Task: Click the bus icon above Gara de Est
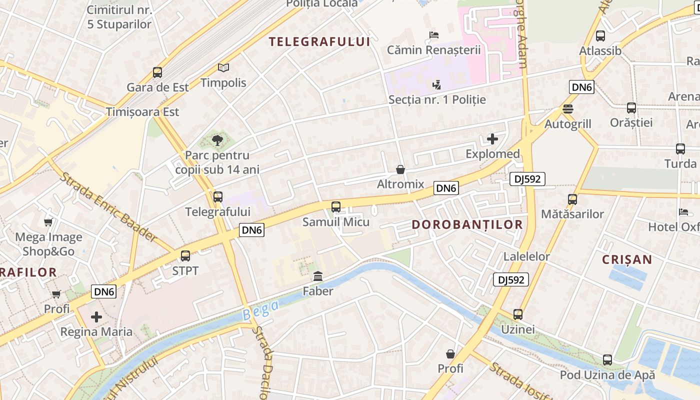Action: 157,72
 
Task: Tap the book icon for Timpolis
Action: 223,67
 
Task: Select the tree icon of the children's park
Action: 217,140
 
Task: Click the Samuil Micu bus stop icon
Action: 336,206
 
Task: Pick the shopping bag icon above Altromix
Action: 400,169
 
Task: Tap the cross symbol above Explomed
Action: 492,139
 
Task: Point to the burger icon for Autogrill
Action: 567,108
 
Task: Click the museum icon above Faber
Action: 318,276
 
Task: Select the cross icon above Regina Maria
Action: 96,317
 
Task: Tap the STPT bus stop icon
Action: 185,256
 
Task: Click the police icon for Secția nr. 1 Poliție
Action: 437,84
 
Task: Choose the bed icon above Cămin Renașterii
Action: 434,35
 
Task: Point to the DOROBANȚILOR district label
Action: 467,224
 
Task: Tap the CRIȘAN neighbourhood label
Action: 627,259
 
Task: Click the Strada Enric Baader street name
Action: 108,207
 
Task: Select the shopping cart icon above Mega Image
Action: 48,222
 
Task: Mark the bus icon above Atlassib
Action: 600,36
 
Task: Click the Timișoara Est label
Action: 142,111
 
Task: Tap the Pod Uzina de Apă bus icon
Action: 607,359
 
